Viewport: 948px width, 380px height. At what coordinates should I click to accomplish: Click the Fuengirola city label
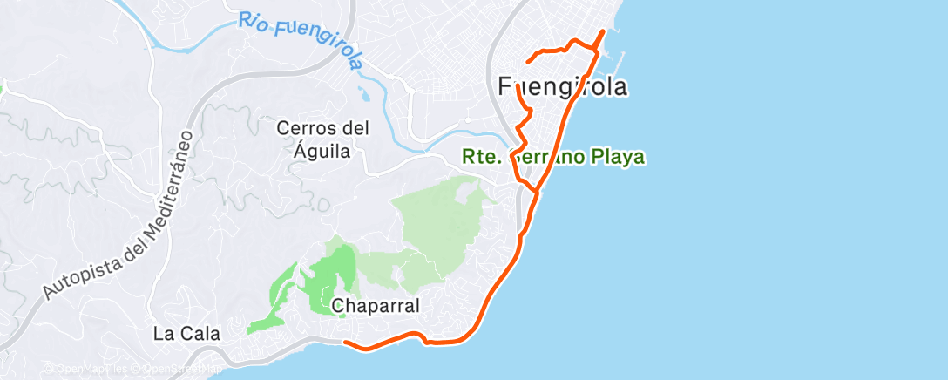point(563,87)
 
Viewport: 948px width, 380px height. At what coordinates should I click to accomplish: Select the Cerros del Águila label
point(323,139)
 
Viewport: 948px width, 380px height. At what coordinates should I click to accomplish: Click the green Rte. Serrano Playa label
point(552,158)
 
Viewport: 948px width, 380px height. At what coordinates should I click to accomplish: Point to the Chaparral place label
point(376,306)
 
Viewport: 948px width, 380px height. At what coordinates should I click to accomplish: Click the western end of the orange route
point(347,343)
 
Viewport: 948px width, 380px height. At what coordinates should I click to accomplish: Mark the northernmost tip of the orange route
point(603,31)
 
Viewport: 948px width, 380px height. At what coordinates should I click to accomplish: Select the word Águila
point(323,151)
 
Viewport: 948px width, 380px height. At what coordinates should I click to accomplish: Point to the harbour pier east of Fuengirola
point(620,61)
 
